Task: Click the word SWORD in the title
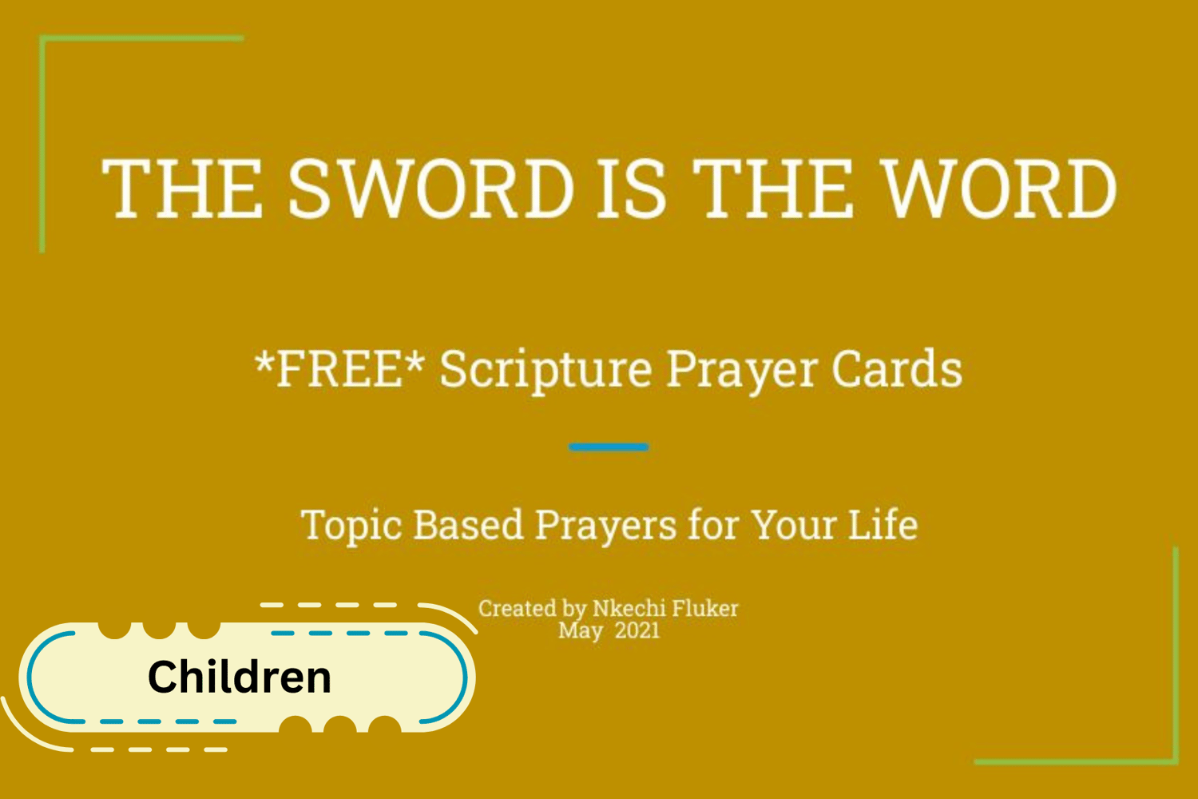(430, 189)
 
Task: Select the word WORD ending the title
(999, 189)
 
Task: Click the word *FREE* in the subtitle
(339, 368)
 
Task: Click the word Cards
(897, 368)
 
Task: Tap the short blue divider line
(609, 447)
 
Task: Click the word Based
(468, 524)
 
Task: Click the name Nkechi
(628, 609)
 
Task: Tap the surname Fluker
(705, 609)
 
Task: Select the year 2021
(637, 630)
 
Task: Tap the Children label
(239, 677)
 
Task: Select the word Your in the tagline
(794, 524)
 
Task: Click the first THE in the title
(182, 189)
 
